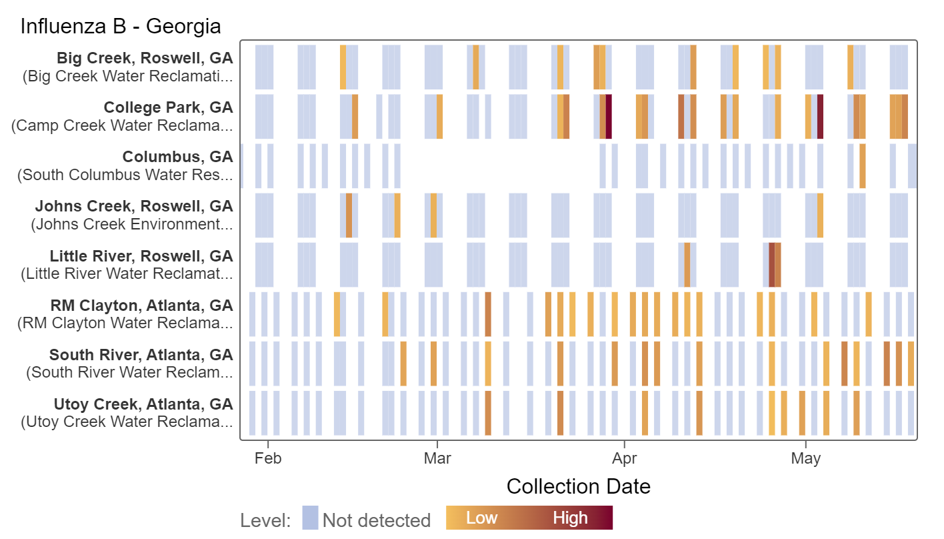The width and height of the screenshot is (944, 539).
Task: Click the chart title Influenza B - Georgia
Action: click(121, 26)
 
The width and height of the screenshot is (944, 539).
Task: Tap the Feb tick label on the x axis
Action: click(267, 458)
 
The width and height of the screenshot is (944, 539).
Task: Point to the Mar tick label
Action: click(437, 458)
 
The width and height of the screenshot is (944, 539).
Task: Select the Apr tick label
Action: click(624, 458)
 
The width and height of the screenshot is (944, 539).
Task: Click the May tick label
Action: click(806, 458)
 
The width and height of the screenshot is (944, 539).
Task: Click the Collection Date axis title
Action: click(578, 486)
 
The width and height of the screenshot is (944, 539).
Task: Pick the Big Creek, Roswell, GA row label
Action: click(145, 58)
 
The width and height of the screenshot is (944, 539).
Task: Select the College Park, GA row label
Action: click(168, 107)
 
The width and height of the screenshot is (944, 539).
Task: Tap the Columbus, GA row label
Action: click(177, 157)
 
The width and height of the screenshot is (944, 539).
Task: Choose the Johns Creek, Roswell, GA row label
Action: click(134, 206)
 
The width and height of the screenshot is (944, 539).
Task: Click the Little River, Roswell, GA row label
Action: click(141, 256)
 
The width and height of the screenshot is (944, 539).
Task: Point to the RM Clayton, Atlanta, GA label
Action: click(141, 306)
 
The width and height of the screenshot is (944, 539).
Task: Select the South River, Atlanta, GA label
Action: click(141, 355)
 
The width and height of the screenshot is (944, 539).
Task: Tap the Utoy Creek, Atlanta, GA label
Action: click(143, 404)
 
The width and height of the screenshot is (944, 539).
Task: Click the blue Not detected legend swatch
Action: click(310, 518)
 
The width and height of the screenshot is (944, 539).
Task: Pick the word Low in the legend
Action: click(482, 518)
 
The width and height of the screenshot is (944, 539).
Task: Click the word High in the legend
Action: click(570, 518)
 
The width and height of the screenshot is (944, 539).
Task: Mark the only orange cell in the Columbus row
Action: click(863, 165)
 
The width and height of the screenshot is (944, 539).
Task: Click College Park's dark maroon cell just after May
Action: click(820, 116)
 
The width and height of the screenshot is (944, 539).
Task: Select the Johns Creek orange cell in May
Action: click(820, 215)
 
